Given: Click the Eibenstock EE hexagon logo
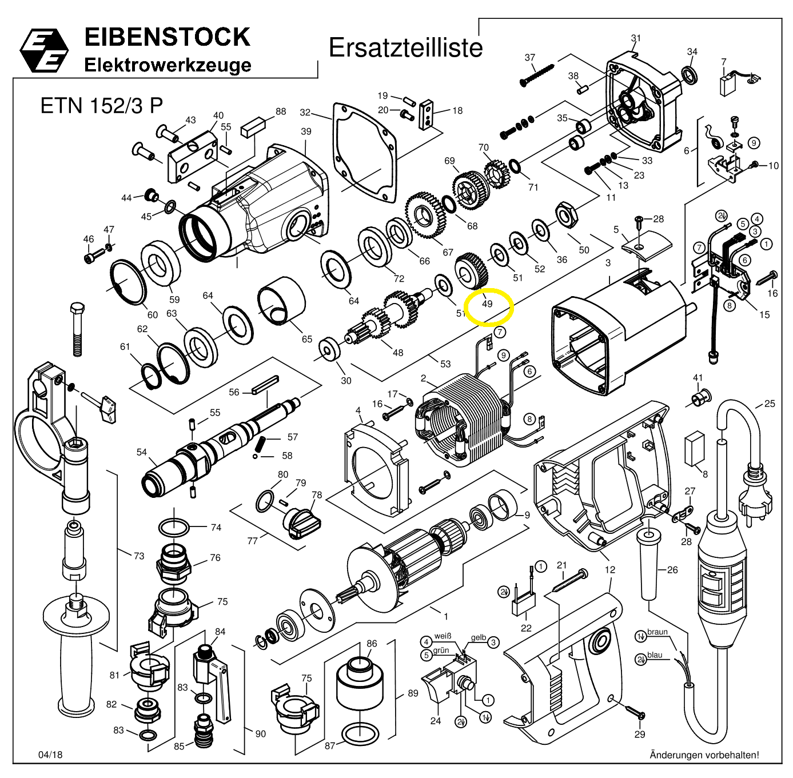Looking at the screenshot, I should click(45, 50).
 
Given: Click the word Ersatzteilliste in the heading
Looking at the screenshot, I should click(405, 48).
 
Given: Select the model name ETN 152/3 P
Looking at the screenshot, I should click(101, 106).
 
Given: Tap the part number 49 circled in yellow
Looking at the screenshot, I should click(487, 304).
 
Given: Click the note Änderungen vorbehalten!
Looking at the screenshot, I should click(704, 755).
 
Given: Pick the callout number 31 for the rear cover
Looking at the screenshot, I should click(636, 38).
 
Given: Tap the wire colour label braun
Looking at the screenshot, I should click(657, 633).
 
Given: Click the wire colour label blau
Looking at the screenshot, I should click(655, 655).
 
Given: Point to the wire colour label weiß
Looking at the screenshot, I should click(443, 636).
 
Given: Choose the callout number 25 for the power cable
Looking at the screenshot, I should click(770, 404).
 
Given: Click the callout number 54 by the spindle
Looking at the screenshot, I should click(142, 453).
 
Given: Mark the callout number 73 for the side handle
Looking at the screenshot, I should click(139, 556).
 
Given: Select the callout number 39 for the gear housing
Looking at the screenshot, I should click(306, 131).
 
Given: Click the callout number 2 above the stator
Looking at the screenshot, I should click(424, 378).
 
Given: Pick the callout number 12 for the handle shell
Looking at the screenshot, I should click(610, 569).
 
